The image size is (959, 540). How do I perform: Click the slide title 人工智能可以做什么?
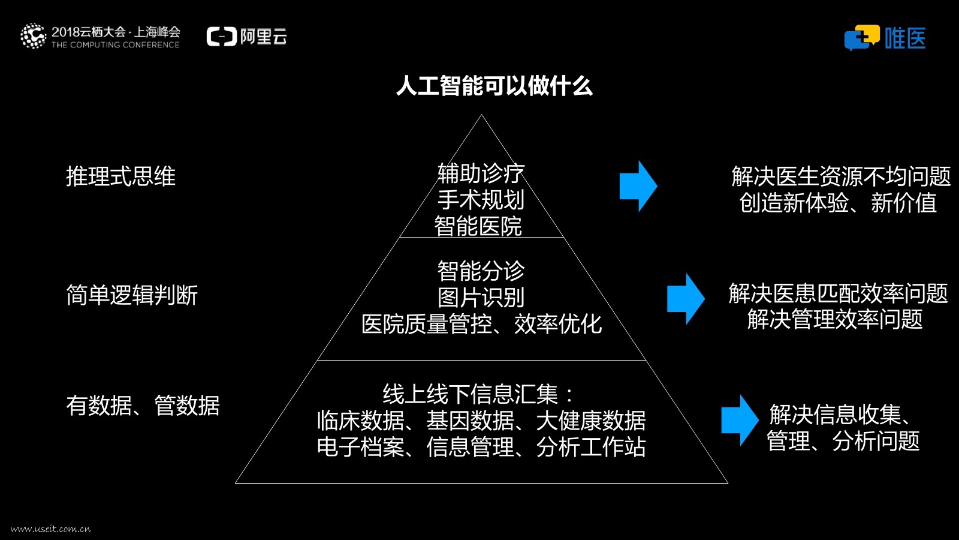pos(494,86)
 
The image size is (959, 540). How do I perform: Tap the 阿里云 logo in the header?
pos(247,37)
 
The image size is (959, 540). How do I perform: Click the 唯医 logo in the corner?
pos(885,38)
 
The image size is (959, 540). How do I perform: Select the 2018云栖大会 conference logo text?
pos(101,36)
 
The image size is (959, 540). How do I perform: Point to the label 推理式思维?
pos(120,177)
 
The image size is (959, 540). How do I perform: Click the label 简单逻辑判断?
pos(132,295)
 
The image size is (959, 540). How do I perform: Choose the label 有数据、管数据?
pos(143,406)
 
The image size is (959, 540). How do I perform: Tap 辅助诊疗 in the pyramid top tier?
pos(481,173)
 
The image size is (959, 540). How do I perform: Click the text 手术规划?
pos(481,200)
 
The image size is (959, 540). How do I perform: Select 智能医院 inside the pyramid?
pos(478,226)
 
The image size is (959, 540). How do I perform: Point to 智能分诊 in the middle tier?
pos(481,271)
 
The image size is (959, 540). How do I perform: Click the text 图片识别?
pos(481,298)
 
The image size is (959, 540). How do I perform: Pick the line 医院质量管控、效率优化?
pos(481,324)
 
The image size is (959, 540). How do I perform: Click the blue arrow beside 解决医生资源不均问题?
pos(638,186)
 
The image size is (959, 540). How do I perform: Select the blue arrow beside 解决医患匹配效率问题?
pos(686,299)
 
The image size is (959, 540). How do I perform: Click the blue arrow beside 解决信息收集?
pos(740,420)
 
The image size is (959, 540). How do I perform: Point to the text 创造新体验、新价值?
pos(838,203)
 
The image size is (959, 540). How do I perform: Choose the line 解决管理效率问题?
pos(835,319)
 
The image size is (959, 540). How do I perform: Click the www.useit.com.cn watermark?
pos(51,529)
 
